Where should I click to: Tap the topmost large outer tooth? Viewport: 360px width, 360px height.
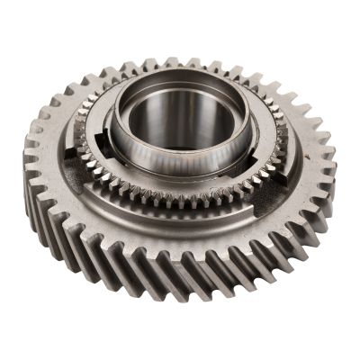(193, 64)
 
